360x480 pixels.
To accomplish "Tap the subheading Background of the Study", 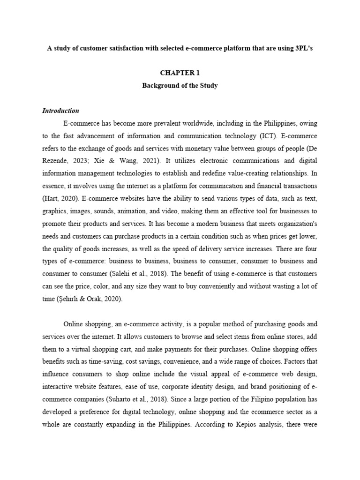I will (x=180, y=86).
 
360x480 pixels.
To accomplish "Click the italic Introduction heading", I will (x=60, y=111).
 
